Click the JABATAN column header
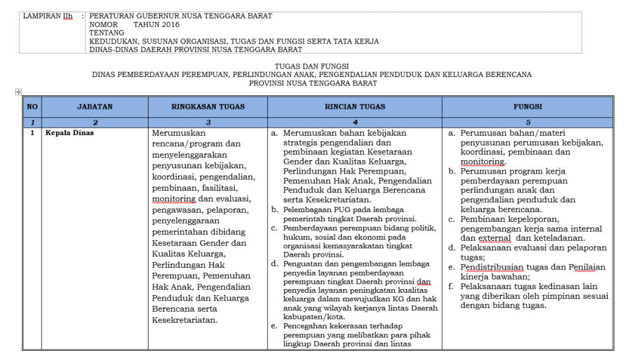pyautogui.click(x=95, y=106)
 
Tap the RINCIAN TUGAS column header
pyautogui.click(x=355, y=106)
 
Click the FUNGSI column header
pyautogui.click(x=527, y=106)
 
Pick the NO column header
pyautogui.click(x=32, y=106)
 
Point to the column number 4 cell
pyautogui.click(x=355, y=122)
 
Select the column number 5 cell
pyautogui.click(x=527, y=122)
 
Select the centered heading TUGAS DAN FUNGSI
pyautogui.click(x=312, y=66)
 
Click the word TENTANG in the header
pyautogui.click(x=107, y=33)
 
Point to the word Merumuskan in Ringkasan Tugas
pyautogui.click(x=179, y=133)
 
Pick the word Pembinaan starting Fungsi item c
pyautogui.click(x=483, y=219)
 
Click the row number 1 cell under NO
pyautogui.click(x=32, y=132)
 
